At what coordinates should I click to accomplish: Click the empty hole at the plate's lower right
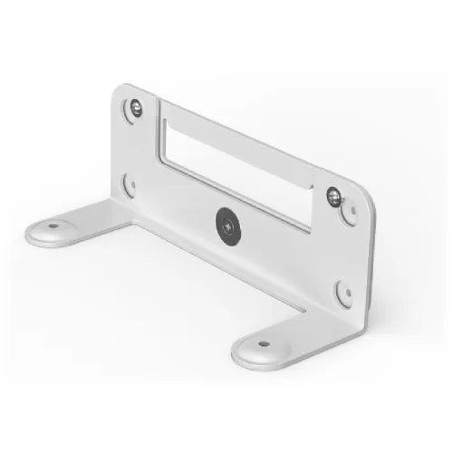click(x=344, y=293)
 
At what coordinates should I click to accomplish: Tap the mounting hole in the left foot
click(x=53, y=226)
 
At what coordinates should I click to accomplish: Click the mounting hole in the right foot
click(x=264, y=342)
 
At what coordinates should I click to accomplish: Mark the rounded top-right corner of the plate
click(x=367, y=188)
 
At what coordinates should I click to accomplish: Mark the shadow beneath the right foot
click(x=272, y=367)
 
